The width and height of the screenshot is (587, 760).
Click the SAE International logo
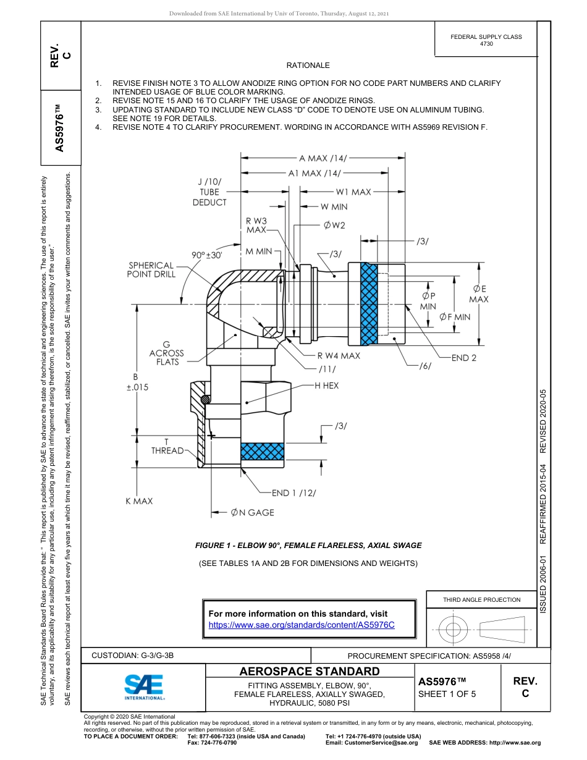coord(144,686)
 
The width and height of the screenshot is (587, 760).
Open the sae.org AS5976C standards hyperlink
coord(302,625)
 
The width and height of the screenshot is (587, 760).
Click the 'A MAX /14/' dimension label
coord(323,158)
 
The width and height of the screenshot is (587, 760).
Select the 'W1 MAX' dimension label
coord(353,192)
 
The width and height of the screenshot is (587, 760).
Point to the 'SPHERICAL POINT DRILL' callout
coord(151,270)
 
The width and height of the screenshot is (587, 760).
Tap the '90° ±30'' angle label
coord(207,255)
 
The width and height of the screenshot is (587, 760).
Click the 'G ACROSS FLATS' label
coord(166,353)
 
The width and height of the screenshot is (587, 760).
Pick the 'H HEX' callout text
coord(326,386)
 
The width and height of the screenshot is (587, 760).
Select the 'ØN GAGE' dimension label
coord(252,512)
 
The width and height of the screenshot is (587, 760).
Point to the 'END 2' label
coord(463,358)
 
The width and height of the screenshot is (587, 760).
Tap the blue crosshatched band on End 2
coord(369,303)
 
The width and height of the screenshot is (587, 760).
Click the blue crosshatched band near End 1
coord(262,452)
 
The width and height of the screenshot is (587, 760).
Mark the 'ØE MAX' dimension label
coord(478,294)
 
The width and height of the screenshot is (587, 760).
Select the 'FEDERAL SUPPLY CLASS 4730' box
coord(486,40)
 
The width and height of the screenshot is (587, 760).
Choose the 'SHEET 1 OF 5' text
coord(447,694)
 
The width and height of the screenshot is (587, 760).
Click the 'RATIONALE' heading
coord(308,65)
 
